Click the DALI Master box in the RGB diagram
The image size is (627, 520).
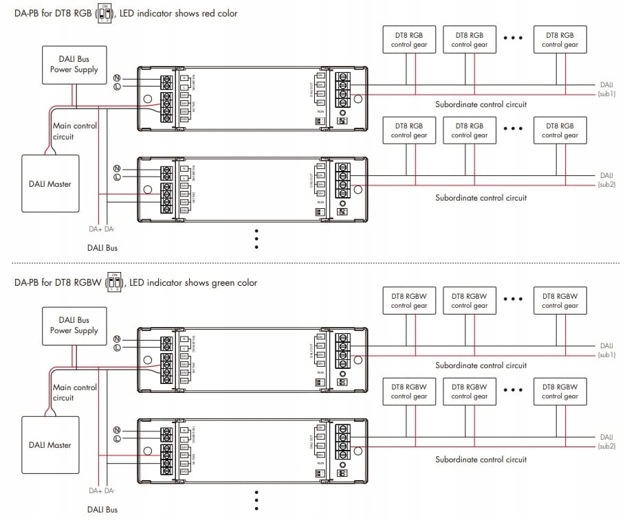pyautogui.click(x=50, y=183)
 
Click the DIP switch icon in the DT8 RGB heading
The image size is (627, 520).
pyautogui.click(x=104, y=13)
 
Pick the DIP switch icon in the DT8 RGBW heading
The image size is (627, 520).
pyautogui.click(x=115, y=282)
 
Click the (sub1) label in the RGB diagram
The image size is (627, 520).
pyautogui.click(x=606, y=93)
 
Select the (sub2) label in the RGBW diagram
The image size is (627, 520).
pyautogui.click(x=606, y=446)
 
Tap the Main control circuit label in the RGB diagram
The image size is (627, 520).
pyautogui.click(x=75, y=131)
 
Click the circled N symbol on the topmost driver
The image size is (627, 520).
pyautogui.click(x=117, y=78)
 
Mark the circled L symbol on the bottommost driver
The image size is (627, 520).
pyautogui.click(x=117, y=439)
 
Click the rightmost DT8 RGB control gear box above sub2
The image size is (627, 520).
pyautogui.click(x=561, y=131)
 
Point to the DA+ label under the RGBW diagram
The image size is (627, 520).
pyautogui.click(x=96, y=490)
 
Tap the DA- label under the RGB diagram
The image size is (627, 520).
pyautogui.click(x=111, y=229)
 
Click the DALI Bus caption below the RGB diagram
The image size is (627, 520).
pyautogui.click(x=102, y=247)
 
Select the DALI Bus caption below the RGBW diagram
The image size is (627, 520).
pyautogui.click(x=102, y=509)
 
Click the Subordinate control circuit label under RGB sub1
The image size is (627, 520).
pyautogui.click(x=481, y=104)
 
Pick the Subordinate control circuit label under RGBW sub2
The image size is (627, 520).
pyautogui.click(x=481, y=459)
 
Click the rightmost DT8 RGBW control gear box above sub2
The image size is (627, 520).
pyautogui.click(x=561, y=392)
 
